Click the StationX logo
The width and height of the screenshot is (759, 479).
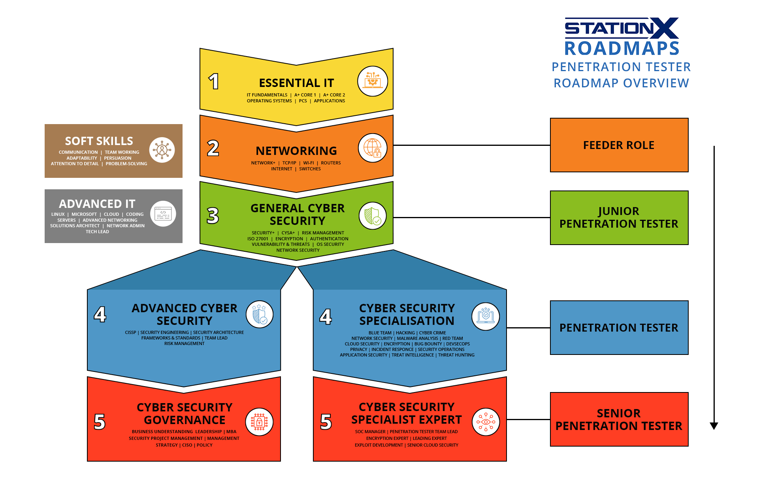coord(622,28)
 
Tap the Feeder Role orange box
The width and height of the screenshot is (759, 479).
coord(619,145)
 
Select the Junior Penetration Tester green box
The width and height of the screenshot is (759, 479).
coord(619,218)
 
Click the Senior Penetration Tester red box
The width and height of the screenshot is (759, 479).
coord(619,419)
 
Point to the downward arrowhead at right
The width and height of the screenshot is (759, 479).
coord(714,426)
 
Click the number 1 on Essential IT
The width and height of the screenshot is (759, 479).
coord(214,81)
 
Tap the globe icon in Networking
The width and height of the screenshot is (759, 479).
coord(373,148)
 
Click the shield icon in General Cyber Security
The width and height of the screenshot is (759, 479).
coord(373,216)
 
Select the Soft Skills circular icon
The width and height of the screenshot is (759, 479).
coord(162,150)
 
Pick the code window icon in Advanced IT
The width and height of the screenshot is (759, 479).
coord(163,214)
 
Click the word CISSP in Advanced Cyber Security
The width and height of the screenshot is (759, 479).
coord(130,332)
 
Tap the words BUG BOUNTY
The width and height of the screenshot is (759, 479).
coord(428,344)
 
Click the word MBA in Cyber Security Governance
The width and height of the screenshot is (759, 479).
coord(231,432)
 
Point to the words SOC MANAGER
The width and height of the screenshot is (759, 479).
coord(370,432)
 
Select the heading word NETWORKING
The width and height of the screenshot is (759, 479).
coord(296,151)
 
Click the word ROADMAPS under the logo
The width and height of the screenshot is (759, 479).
coord(622,49)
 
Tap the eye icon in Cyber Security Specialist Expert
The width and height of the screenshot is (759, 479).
coord(486,422)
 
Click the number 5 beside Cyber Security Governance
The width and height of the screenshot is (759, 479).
coord(100,422)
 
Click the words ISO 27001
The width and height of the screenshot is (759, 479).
coord(258,239)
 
